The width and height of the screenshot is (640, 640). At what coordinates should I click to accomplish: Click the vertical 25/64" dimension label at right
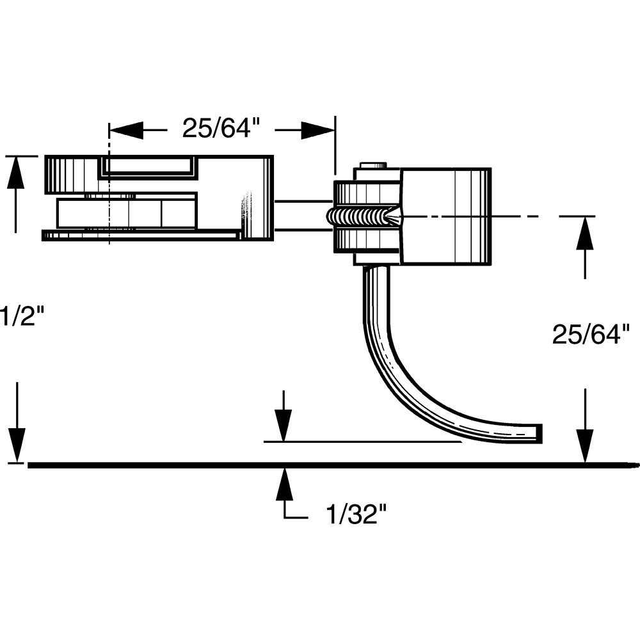[591, 334]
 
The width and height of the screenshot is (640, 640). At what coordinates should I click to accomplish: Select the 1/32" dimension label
[356, 514]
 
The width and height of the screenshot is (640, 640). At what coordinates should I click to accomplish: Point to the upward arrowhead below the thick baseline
[284, 483]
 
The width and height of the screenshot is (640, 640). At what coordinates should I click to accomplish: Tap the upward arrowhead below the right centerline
[584, 236]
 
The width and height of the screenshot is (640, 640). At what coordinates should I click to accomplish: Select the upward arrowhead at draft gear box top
[16, 173]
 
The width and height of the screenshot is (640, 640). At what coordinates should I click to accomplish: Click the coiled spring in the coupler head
[359, 216]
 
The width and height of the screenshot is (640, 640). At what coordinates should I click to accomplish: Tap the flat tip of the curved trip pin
[540, 433]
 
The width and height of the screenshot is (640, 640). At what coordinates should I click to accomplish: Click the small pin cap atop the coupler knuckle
[373, 166]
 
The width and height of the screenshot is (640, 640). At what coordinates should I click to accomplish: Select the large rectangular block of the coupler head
[445, 216]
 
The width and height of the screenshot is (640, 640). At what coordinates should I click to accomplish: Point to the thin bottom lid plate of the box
[141, 236]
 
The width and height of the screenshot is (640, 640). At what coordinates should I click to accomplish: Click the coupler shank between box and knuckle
[301, 216]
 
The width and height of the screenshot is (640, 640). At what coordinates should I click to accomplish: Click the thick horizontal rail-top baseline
[320, 465]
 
